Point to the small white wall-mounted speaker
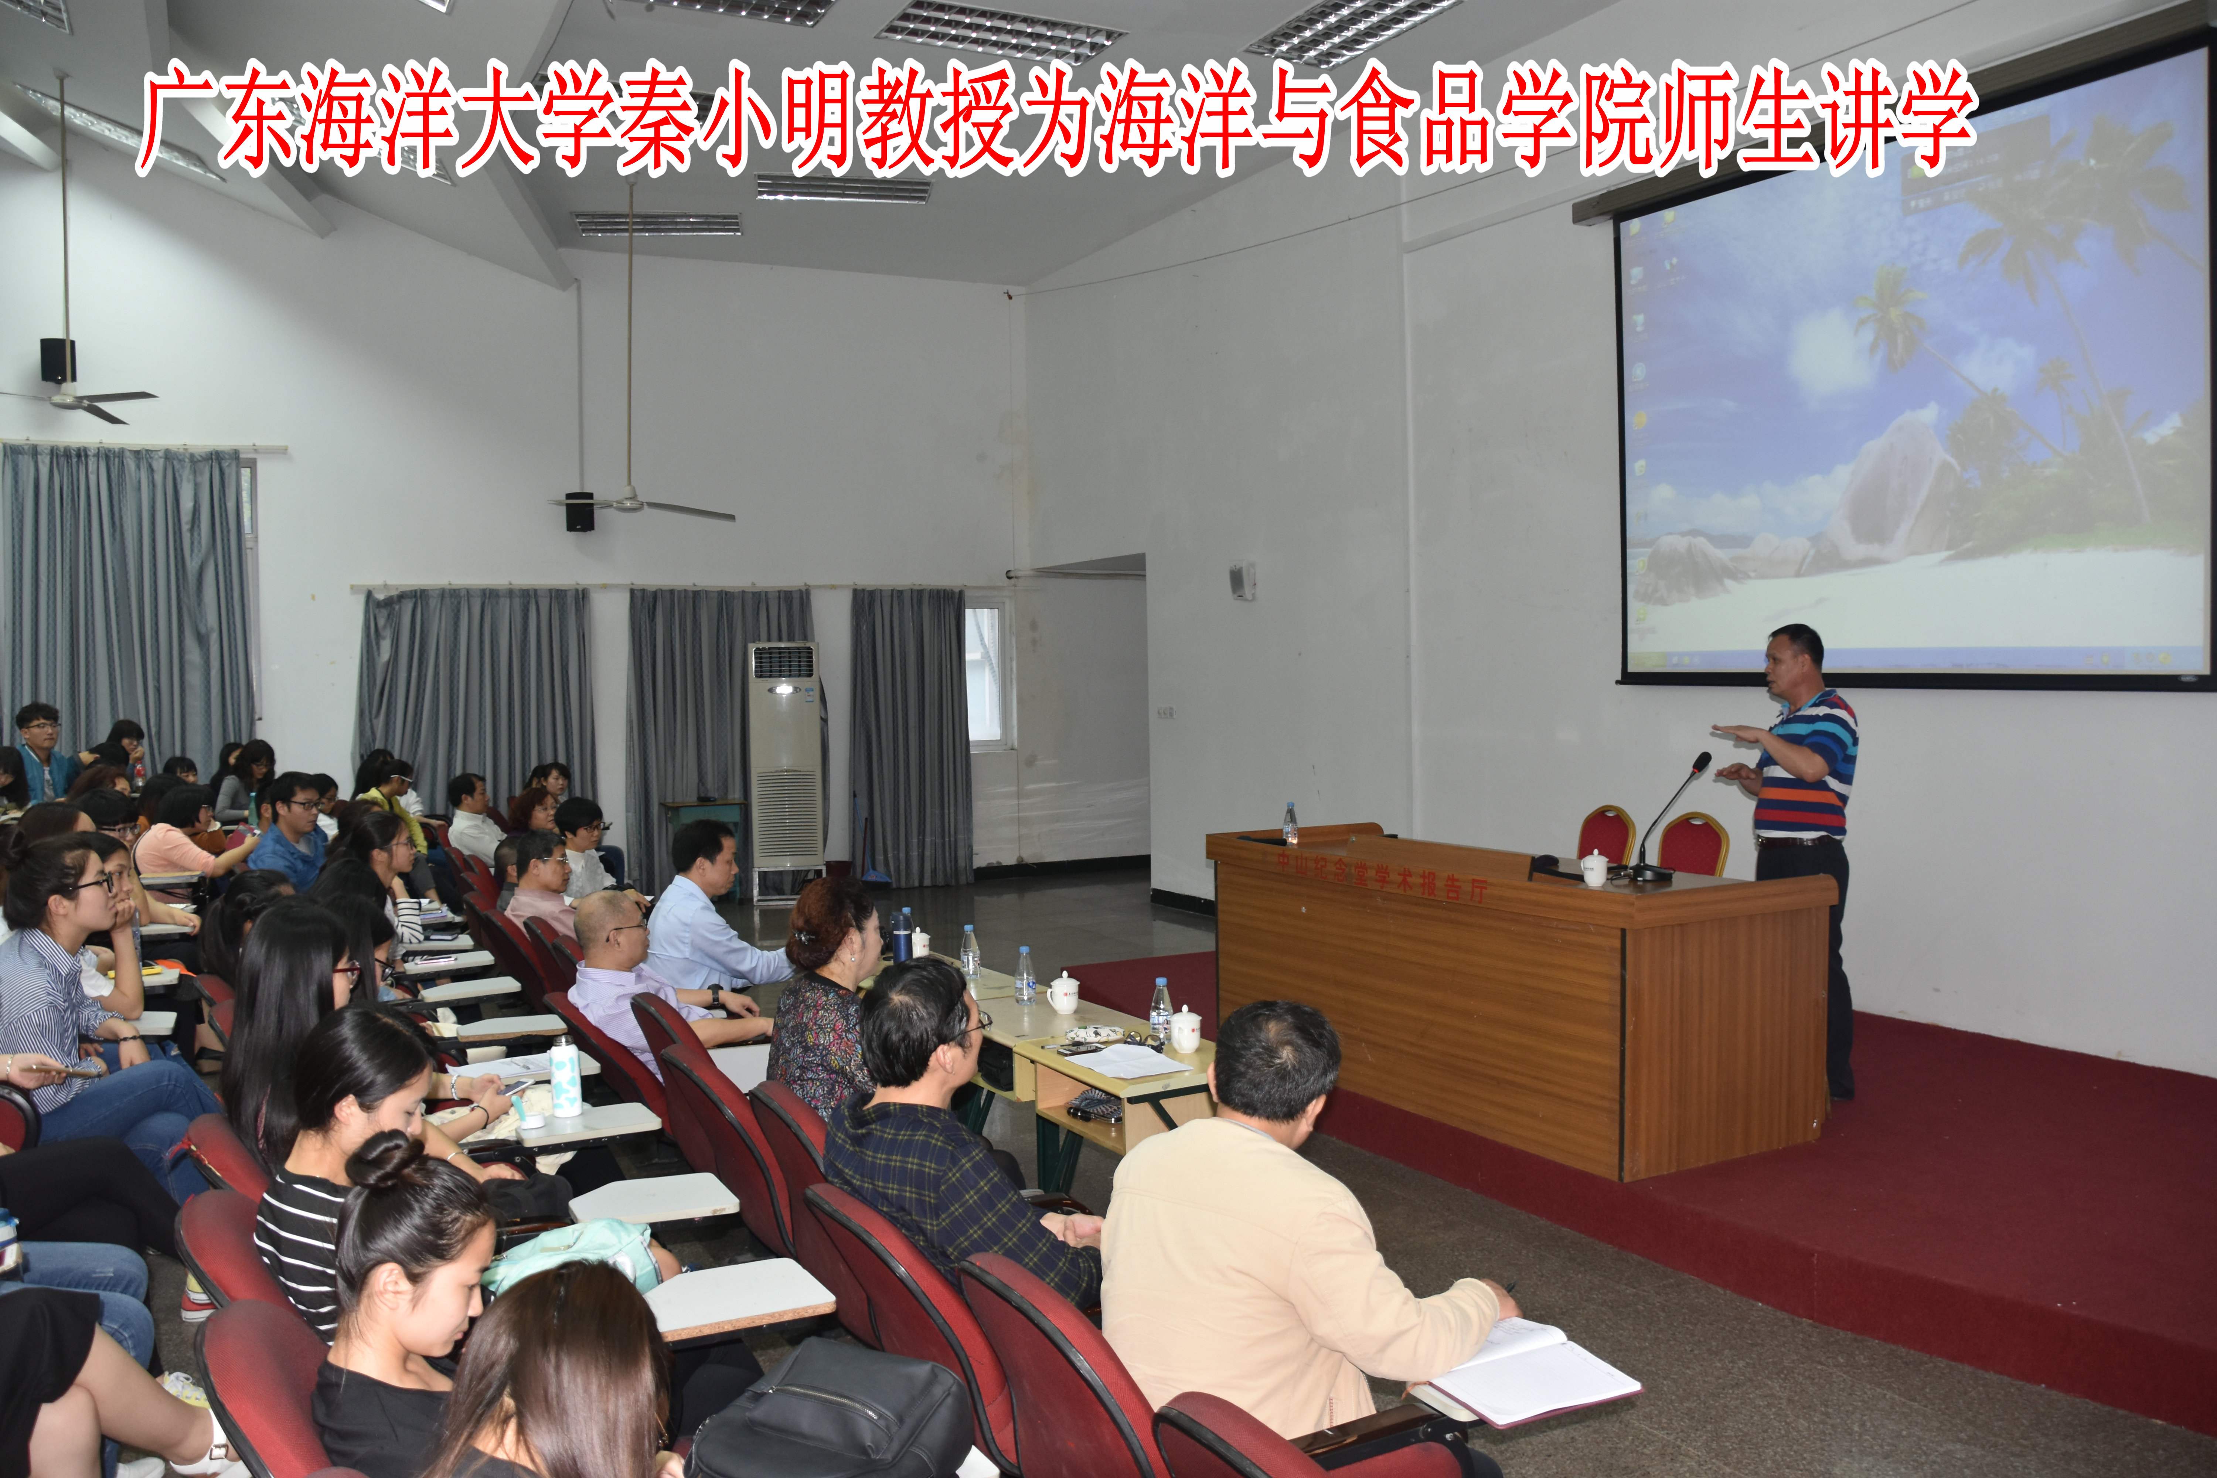(x=1240, y=580)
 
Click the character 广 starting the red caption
(x=179, y=118)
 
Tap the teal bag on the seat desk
(x=575, y=1254)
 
